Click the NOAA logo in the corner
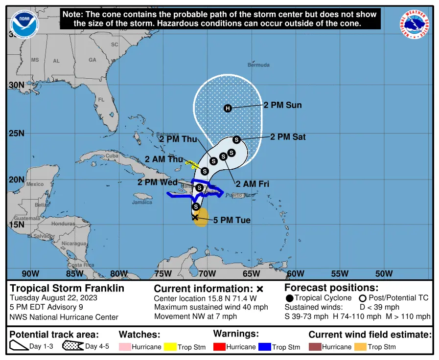(24, 24)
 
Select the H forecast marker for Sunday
(228, 108)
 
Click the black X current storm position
(195, 217)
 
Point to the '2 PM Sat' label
(288, 137)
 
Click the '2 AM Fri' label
(253, 184)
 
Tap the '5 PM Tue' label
(232, 220)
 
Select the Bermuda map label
(258, 65)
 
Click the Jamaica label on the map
(142, 202)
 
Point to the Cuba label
(113, 156)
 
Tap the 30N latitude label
(17, 85)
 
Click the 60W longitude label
(295, 273)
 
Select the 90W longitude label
(30, 273)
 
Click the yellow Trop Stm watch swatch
(170, 347)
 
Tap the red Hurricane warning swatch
(219, 347)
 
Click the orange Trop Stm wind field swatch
(360, 347)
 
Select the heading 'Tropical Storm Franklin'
(67, 288)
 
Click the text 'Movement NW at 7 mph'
(195, 316)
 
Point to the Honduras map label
(63, 223)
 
